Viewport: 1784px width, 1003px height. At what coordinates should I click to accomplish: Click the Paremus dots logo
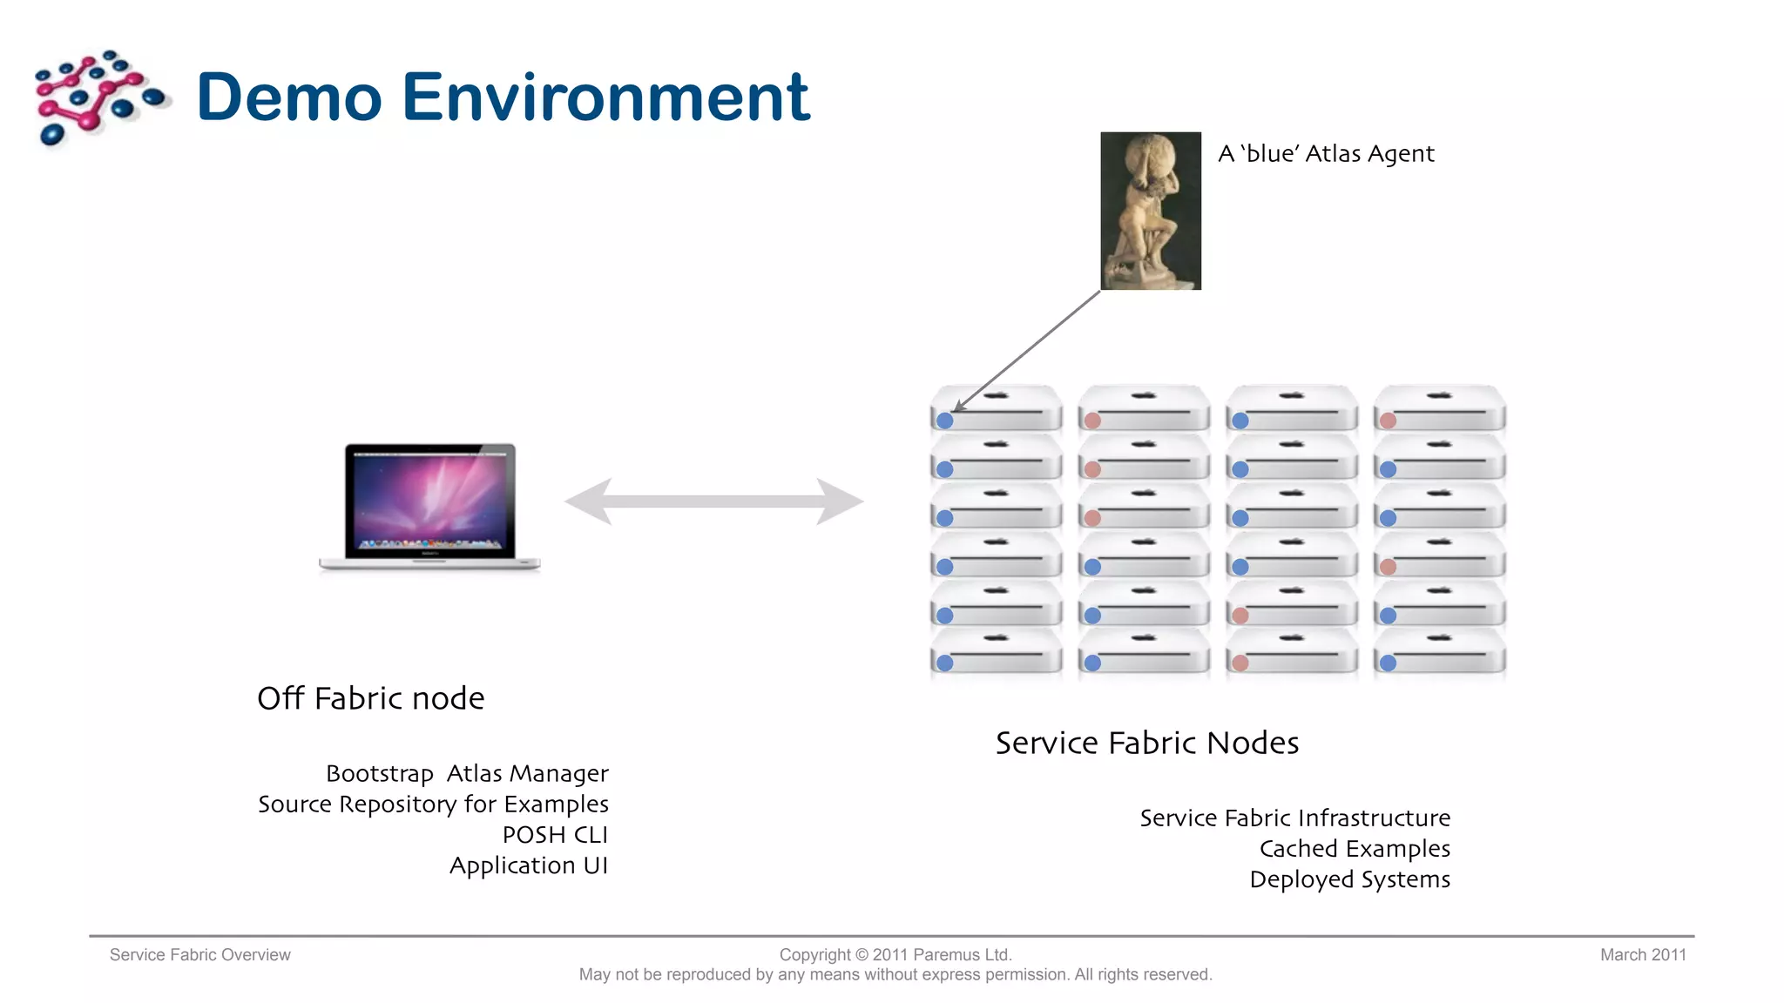98,98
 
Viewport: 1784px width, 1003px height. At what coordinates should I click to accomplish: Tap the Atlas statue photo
1150,211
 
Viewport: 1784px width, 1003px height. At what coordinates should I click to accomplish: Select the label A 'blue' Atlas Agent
1326,154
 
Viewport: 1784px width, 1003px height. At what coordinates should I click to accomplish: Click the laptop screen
430,501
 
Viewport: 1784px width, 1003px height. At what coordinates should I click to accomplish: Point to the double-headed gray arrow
714,501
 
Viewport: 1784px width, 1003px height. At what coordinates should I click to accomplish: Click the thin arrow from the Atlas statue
1028,351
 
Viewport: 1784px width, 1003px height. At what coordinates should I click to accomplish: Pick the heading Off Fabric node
370,698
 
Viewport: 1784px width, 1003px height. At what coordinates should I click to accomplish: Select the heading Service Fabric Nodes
1146,743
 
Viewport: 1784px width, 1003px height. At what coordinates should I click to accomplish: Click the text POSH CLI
555,835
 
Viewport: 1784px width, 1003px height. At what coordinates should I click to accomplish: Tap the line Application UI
528,865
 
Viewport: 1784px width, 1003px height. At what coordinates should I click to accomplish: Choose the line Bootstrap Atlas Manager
467,773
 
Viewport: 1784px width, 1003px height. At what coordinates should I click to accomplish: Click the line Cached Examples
1355,849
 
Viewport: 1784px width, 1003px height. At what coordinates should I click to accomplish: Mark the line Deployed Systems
1349,879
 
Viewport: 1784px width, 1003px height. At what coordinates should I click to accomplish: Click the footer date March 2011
1642,955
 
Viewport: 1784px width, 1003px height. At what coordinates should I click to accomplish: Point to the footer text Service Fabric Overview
199,955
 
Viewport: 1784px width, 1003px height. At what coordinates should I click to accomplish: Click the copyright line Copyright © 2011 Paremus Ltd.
895,955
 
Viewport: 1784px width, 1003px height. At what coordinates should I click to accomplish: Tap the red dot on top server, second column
1092,421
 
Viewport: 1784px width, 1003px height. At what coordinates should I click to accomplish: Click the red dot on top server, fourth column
1389,421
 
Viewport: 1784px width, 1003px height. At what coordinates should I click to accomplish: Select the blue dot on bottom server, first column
944,663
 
